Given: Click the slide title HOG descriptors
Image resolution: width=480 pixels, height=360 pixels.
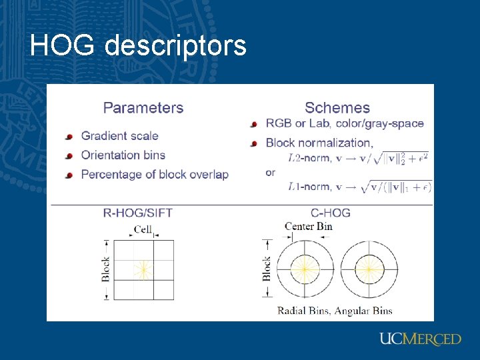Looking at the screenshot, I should pos(138,46).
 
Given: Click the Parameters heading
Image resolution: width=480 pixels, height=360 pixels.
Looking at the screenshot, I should pos(143,107).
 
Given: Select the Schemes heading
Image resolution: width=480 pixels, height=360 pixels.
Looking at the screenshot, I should pos(337,107).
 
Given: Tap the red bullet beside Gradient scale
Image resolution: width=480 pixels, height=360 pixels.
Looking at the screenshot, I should pos(69,137).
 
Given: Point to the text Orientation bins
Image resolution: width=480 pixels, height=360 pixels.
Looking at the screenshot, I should pos(123,155).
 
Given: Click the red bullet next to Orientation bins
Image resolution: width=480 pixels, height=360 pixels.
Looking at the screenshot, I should pos(69,156).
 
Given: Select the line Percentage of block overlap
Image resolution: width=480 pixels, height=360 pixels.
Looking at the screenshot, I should pos(155,175).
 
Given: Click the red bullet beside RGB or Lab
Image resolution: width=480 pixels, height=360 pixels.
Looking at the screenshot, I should pos(253,124).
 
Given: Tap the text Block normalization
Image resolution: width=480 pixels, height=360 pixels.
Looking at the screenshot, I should pos(319,143).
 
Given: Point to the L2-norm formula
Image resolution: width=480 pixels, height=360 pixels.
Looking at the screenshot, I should pos(358,158).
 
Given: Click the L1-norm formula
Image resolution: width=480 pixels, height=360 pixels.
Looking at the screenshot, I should pos(358,187).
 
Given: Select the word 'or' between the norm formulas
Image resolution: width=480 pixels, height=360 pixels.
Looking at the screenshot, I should pos(270,173).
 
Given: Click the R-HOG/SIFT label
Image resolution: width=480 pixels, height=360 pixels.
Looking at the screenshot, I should pos(137,213).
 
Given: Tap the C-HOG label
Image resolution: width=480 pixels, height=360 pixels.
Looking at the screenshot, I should pos(331,213).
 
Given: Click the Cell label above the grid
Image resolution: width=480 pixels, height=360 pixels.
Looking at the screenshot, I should pos(143,229).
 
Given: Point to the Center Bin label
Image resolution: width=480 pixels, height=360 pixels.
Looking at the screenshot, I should pos(308,227).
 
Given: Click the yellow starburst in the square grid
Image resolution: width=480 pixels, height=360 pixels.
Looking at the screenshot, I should pos(142,269).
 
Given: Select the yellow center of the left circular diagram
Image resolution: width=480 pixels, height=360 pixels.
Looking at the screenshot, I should pos(303,269).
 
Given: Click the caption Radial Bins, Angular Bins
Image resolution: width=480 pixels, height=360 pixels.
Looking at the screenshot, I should pos(335,311).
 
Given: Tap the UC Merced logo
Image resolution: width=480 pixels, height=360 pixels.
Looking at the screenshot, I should pos(420,339).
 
